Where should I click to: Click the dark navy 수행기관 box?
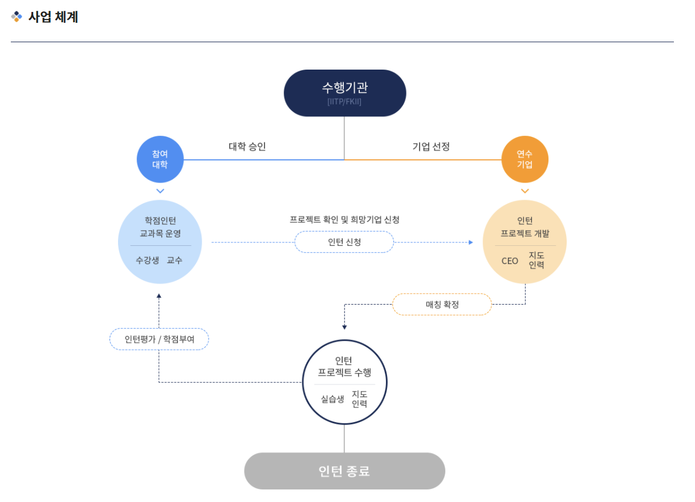click(x=344, y=93)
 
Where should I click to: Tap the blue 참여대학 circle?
click(x=160, y=159)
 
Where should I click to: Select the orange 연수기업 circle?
click(x=525, y=159)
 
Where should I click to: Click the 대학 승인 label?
click(x=247, y=147)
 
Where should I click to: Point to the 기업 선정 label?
click(x=431, y=147)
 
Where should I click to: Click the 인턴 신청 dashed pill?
click(x=344, y=242)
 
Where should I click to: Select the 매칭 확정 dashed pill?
click(x=442, y=305)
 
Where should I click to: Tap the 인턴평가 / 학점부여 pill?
click(x=159, y=339)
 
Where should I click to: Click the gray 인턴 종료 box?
click(x=344, y=471)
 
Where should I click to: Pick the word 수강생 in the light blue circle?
click(x=147, y=260)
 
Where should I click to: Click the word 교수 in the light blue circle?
click(x=174, y=260)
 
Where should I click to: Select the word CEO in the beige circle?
click(x=510, y=261)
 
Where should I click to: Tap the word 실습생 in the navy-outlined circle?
click(x=332, y=399)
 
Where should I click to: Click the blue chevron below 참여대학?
click(x=160, y=191)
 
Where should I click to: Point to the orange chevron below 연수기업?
click(x=525, y=191)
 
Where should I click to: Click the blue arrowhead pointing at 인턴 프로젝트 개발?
click(x=470, y=242)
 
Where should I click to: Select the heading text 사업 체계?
click(x=53, y=17)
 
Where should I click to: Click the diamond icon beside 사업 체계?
click(x=17, y=17)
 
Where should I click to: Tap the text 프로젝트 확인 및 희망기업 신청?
click(x=344, y=220)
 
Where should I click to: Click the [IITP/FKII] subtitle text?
click(x=344, y=102)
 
